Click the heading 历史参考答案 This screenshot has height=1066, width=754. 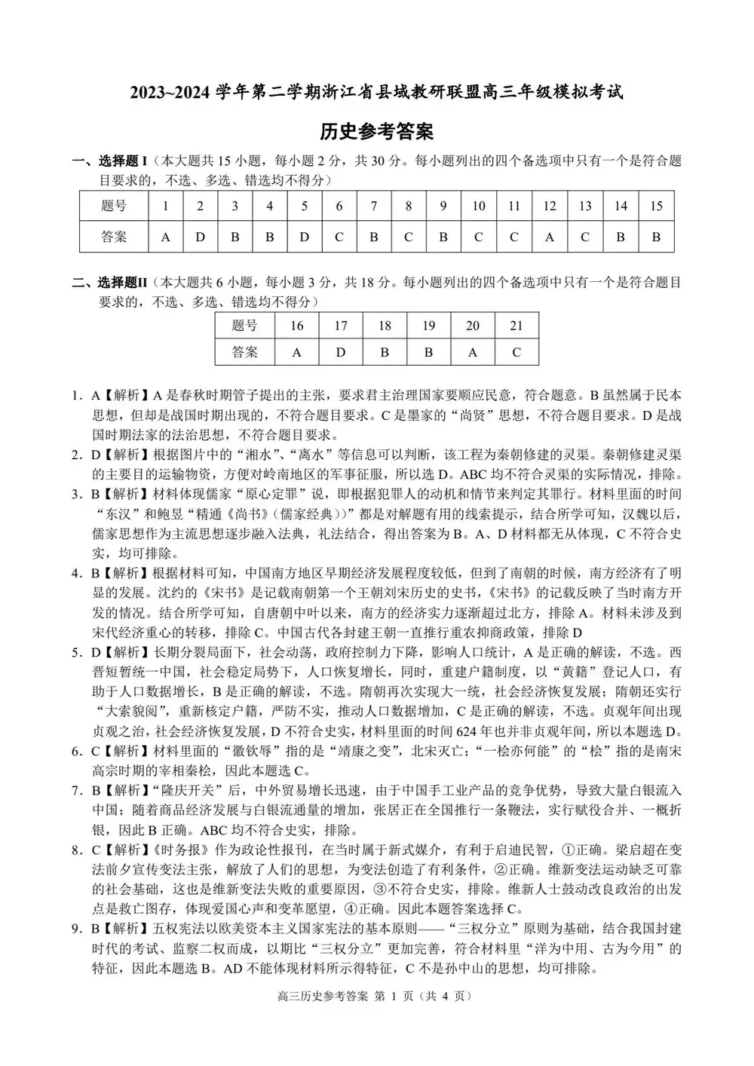376,131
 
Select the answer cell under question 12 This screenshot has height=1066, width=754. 549,237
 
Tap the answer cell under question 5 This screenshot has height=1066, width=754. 305,237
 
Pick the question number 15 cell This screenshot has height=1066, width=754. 656,206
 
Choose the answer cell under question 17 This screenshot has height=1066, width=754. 341,351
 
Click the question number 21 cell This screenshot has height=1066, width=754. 516,325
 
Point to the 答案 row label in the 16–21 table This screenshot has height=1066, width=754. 245,351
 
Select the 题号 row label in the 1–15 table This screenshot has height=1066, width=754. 114,206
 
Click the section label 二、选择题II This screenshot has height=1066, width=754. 110,283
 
